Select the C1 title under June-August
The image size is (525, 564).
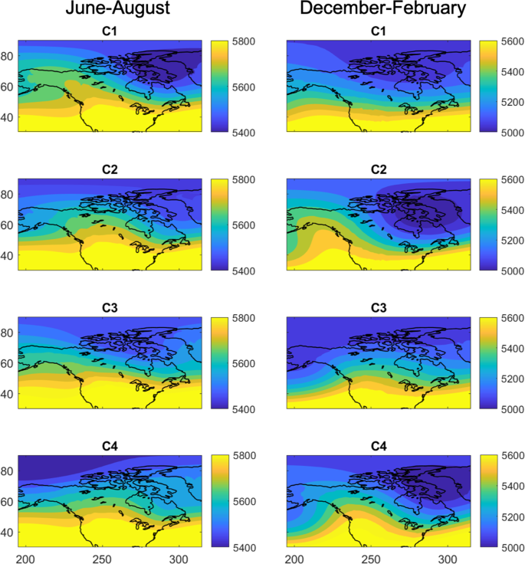point(110,32)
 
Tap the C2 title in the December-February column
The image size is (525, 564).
point(378,170)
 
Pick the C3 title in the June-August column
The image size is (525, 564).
point(110,308)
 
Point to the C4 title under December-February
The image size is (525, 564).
point(378,446)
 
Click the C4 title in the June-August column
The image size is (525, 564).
point(110,446)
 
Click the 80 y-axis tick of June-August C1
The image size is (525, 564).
point(8,55)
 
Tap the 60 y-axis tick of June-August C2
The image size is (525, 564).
point(8,225)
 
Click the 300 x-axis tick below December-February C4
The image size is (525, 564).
point(448,556)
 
